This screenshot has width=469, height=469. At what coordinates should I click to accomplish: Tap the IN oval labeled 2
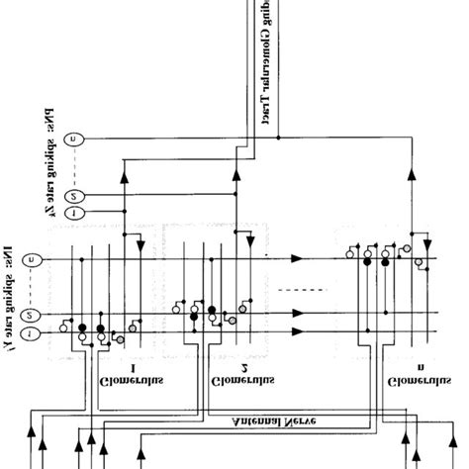pyautogui.click(x=32, y=316)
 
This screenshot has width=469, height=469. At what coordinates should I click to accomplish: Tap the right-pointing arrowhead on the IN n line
pyautogui.click(x=298, y=258)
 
